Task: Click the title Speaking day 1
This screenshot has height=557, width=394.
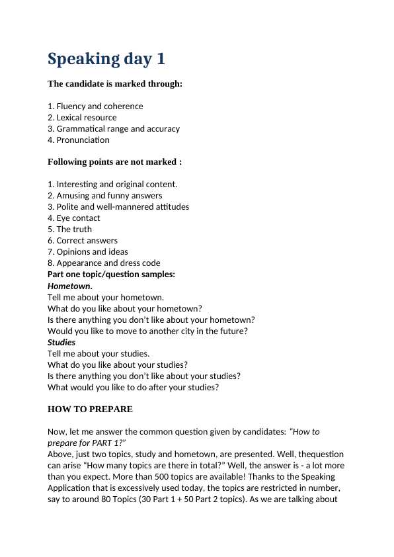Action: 106,59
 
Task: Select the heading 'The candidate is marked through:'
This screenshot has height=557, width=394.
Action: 115,84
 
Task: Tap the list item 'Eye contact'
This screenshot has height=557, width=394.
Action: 78,218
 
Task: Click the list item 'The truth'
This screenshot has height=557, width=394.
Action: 74,229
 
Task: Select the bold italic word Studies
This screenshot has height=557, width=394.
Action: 61,342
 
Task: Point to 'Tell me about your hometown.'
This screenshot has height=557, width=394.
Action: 106,297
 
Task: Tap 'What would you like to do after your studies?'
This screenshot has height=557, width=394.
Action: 133,387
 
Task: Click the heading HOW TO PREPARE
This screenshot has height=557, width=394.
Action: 90,409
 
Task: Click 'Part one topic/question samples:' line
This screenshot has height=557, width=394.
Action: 111,274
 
